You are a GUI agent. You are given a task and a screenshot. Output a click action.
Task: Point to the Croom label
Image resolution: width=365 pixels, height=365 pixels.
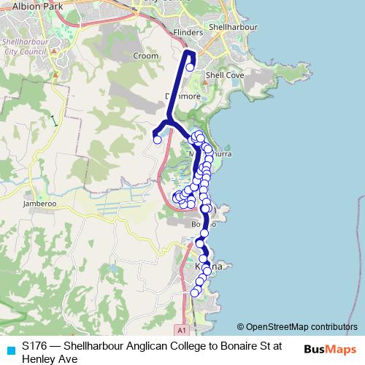[146, 55]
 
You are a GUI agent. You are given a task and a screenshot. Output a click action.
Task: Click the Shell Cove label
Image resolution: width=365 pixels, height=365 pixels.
[220, 74]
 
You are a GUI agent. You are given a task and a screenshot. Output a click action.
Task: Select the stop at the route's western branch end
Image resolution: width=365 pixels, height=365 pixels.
[157, 139]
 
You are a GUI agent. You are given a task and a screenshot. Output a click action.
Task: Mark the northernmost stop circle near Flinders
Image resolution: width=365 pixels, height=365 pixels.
[190, 67]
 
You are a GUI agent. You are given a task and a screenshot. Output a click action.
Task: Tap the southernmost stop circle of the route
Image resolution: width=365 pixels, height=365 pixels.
[194, 293]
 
